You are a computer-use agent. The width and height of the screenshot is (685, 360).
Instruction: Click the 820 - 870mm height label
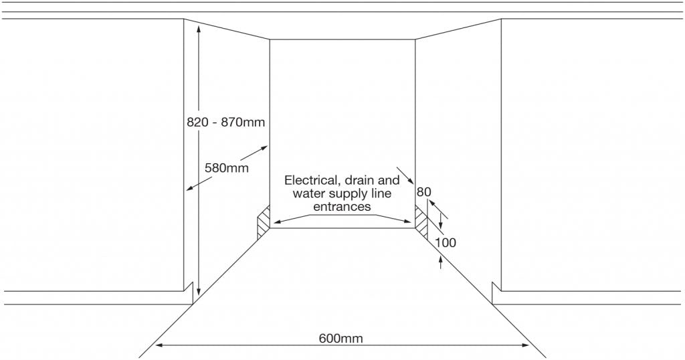[x=226, y=122]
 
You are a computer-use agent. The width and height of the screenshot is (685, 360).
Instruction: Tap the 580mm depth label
[x=227, y=168]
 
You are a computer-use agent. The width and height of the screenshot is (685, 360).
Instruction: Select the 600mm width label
[x=340, y=338]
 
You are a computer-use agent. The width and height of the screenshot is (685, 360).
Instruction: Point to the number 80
[x=423, y=192]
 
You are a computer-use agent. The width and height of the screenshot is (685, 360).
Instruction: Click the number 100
[x=446, y=242]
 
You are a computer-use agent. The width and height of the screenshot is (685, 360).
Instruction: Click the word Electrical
[x=312, y=181]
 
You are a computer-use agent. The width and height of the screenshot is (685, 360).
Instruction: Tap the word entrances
[x=342, y=207]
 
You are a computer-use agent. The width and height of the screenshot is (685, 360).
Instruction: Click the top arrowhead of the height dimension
[x=198, y=29]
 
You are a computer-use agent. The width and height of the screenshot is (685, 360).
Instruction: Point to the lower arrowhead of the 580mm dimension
[x=189, y=188]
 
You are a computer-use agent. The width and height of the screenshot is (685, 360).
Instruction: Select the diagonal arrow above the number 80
[x=404, y=175]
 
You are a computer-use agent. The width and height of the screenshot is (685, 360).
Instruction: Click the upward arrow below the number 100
[x=440, y=262]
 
